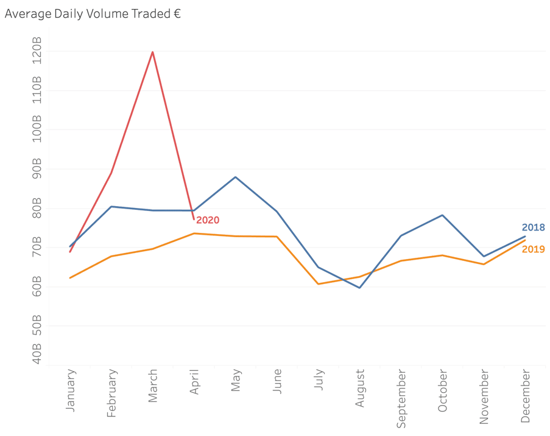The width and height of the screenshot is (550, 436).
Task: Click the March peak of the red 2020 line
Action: (152, 52)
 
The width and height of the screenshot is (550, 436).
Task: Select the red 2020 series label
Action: (208, 220)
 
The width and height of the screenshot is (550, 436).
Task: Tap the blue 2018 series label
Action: (533, 227)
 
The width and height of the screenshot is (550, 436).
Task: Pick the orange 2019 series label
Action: (533, 249)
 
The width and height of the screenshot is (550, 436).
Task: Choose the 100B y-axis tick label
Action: (37, 129)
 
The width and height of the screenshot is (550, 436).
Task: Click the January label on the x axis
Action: (71, 390)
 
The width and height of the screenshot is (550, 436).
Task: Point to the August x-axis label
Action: (360, 389)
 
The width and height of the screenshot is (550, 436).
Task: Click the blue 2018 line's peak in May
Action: (235, 177)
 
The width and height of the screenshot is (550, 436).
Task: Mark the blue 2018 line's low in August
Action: (359, 288)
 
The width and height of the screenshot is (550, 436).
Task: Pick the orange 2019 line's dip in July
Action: (318, 284)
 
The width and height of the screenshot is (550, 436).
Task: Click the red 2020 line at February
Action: (111, 173)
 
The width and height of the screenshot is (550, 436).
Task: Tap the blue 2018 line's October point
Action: (442, 215)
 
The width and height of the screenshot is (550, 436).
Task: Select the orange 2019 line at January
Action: (71, 278)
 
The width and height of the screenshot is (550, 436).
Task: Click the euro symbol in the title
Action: (177, 14)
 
